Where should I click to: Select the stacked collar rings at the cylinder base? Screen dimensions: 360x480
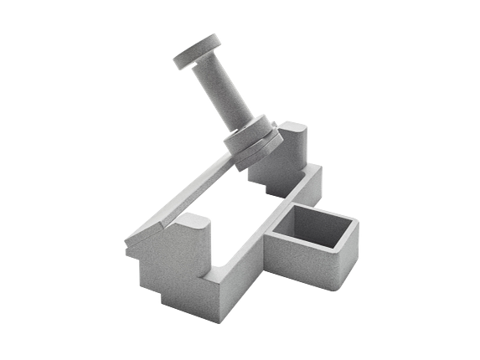tap(251, 142)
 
